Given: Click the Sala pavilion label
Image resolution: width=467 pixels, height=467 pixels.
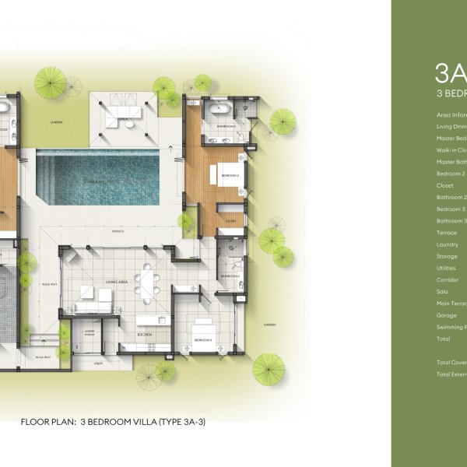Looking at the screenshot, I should pos(123,120).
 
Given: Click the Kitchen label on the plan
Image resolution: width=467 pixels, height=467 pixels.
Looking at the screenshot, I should pos(146,334).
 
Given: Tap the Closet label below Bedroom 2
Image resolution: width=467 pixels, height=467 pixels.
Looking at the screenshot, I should pos(230,221).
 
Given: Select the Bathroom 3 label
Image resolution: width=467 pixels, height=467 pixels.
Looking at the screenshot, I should pos(229,276).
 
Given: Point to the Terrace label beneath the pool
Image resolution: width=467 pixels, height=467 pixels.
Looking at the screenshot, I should pos(118,232).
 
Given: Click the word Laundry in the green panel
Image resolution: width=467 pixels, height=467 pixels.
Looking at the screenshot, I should pos(448,244).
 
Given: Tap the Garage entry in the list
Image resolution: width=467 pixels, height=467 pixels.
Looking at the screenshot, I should pos(448,315).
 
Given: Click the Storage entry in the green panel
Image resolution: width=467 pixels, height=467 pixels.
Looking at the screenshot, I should pos(448,256).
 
